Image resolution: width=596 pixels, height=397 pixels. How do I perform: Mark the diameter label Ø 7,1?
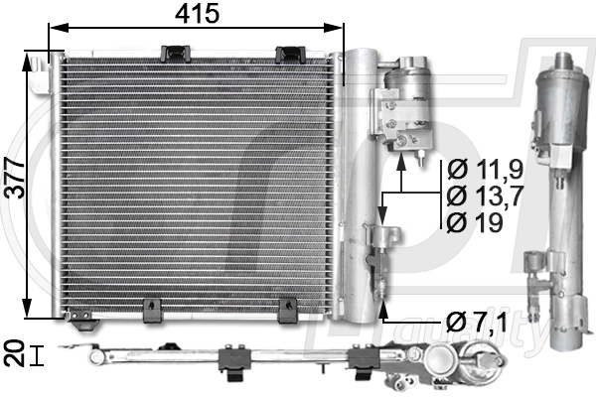(x=480, y=322)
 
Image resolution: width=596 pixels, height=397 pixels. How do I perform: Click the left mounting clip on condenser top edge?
(x=176, y=52)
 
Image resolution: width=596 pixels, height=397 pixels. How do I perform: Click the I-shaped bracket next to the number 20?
(x=37, y=355)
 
